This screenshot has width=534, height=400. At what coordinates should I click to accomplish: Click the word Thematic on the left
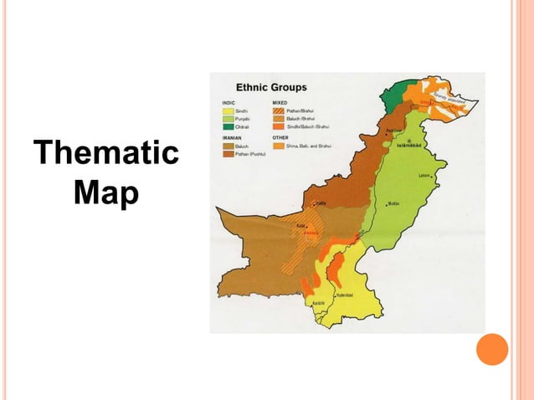coord(105,155)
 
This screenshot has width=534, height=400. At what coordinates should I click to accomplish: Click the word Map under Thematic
coord(105,192)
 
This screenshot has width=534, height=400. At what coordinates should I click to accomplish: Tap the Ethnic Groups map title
coord(271,87)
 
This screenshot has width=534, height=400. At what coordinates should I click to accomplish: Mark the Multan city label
coord(394,203)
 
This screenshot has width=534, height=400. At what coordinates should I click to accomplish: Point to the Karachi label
coord(318,303)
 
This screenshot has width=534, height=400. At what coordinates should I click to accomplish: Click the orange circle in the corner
coord(492,349)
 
